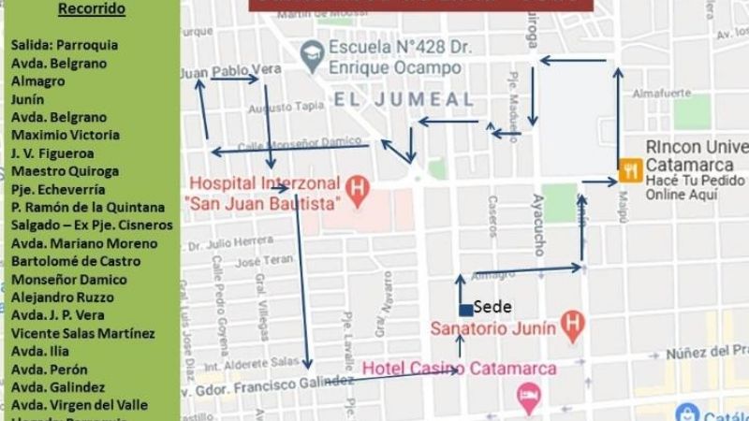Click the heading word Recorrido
click(x=91, y=9)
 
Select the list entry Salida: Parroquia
click(x=64, y=45)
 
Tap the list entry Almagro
click(x=37, y=81)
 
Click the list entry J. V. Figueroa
click(x=52, y=153)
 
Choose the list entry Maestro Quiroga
click(x=65, y=171)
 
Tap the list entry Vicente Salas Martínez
click(x=82, y=333)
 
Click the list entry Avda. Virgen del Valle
click(x=79, y=405)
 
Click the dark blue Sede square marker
click(x=465, y=310)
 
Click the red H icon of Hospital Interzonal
click(x=356, y=184)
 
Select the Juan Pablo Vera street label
click(x=230, y=70)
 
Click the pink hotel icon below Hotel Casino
click(x=529, y=395)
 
